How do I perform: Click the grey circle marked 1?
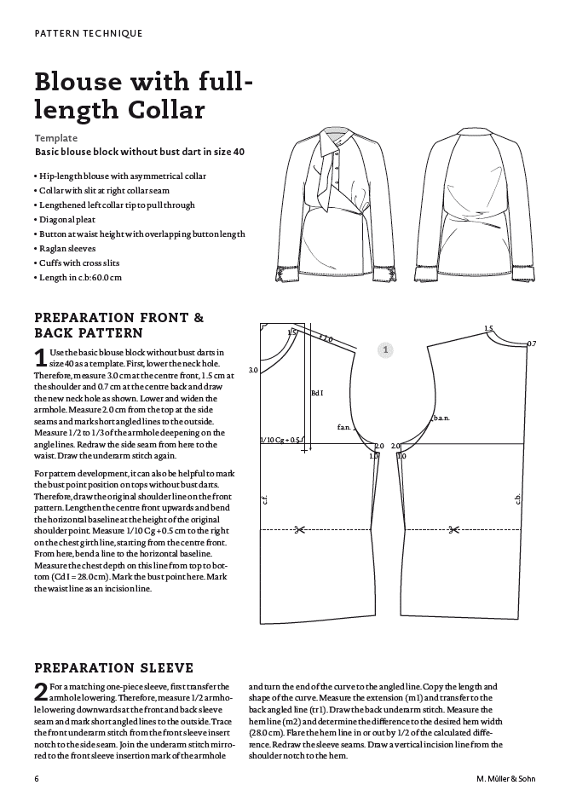(x=385, y=349)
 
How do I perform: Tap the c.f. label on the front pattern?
(x=267, y=501)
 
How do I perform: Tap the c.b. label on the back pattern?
(x=516, y=499)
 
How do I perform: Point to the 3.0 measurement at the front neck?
(x=253, y=371)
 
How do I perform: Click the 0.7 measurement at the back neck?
(x=531, y=343)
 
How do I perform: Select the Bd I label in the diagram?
(x=317, y=393)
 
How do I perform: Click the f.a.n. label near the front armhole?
(x=344, y=426)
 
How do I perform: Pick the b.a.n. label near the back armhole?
(x=441, y=417)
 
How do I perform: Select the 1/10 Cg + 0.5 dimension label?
(x=280, y=440)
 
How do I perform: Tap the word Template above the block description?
(x=56, y=137)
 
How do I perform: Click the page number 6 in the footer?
(x=37, y=778)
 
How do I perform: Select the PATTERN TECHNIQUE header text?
(x=88, y=33)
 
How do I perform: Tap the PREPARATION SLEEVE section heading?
(x=113, y=667)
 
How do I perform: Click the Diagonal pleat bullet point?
(x=70, y=219)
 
